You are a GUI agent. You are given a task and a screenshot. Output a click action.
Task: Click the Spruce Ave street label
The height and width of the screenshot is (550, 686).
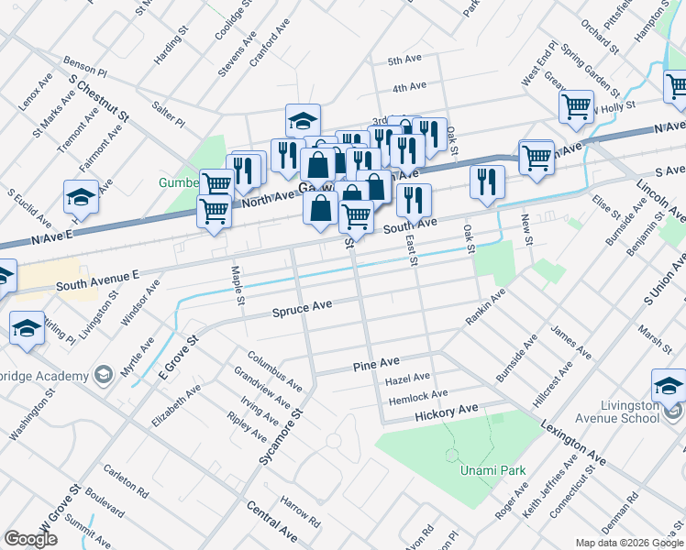[302, 311]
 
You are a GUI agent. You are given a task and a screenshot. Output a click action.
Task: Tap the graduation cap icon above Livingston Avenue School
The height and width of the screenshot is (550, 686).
[669, 384]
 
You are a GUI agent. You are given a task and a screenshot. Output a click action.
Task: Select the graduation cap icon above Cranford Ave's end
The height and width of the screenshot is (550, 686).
[302, 120]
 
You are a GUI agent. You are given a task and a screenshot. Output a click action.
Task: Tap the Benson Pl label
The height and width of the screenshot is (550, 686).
[85, 64]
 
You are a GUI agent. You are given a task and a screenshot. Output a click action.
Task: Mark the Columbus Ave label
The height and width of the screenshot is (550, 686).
[274, 369]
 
